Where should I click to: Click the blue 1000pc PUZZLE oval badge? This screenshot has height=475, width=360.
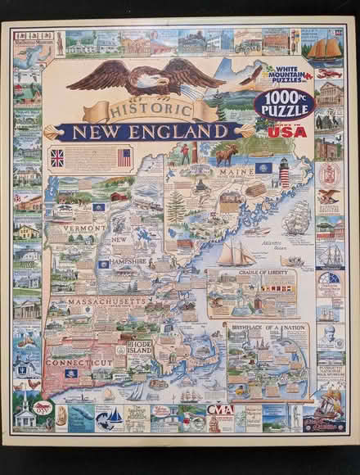coord(281,102)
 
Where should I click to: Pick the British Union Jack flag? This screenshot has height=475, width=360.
coord(57,158)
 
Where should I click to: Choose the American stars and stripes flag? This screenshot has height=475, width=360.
coord(124,157)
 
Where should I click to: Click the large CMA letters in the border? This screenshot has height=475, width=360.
coord(219,408)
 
